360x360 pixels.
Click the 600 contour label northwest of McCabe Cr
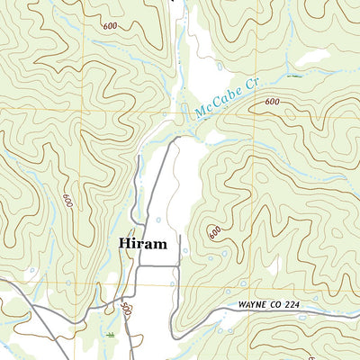point(110,26)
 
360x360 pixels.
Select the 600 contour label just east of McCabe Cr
point(272,102)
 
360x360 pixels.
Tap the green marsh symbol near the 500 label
point(109,334)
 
